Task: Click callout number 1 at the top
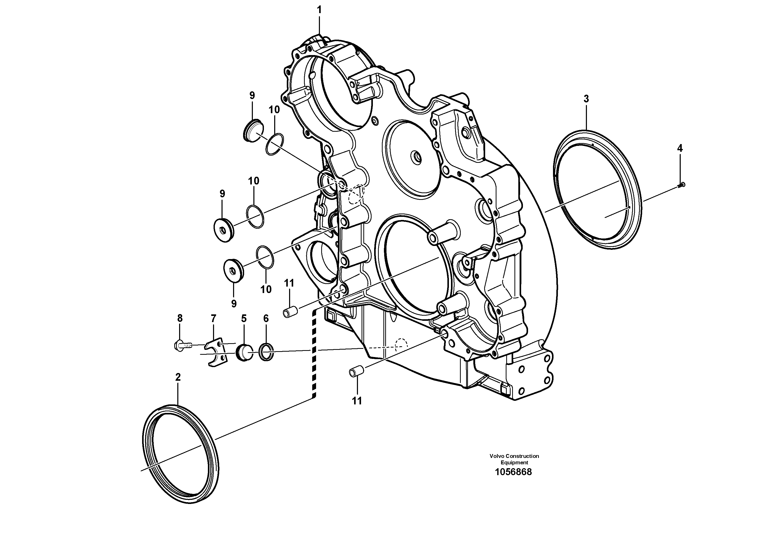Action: pyautogui.click(x=319, y=10)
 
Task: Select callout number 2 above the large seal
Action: pyautogui.click(x=178, y=377)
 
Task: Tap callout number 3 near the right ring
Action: pyautogui.click(x=586, y=99)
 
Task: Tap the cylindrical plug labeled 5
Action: pyautogui.click(x=244, y=353)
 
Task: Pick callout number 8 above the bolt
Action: pyautogui.click(x=180, y=318)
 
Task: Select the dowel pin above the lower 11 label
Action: pyautogui.click(x=356, y=371)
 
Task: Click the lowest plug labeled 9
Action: pyautogui.click(x=234, y=270)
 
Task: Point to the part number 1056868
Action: pyautogui.click(x=513, y=472)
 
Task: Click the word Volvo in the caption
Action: pyautogui.click(x=497, y=456)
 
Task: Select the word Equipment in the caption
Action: pyautogui.click(x=514, y=463)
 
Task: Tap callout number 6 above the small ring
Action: pyautogui.click(x=266, y=318)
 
